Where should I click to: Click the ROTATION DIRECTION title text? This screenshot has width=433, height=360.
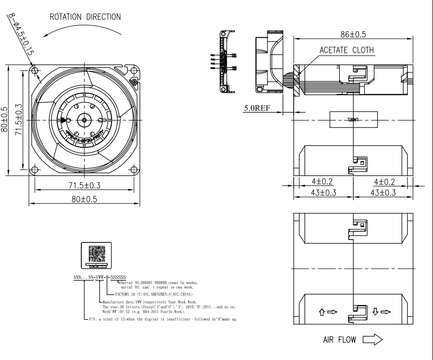click(84, 16)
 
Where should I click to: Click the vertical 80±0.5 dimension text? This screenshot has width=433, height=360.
click(5, 119)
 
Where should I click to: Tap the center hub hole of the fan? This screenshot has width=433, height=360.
click(84, 120)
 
